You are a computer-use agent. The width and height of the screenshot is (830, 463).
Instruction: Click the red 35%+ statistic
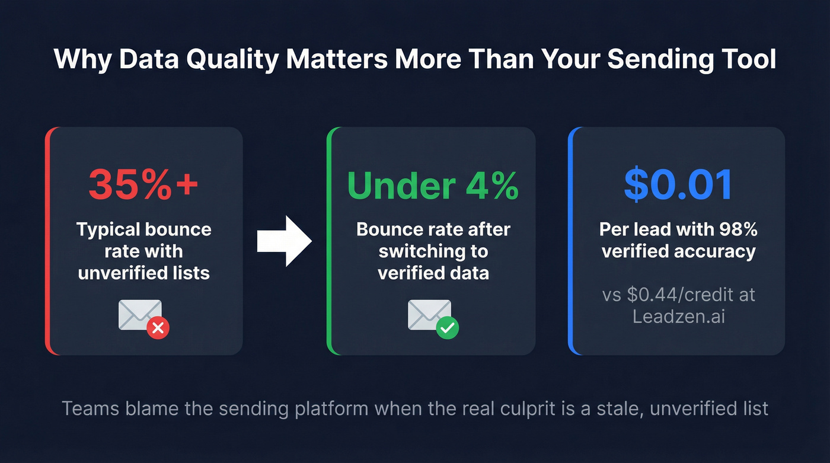click(x=143, y=185)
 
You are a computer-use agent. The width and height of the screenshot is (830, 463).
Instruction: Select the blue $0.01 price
click(x=678, y=185)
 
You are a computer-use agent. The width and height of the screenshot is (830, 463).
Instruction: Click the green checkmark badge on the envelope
click(x=447, y=327)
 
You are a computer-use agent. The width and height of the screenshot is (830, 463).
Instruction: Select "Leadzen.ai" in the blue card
click(x=679, y=316)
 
